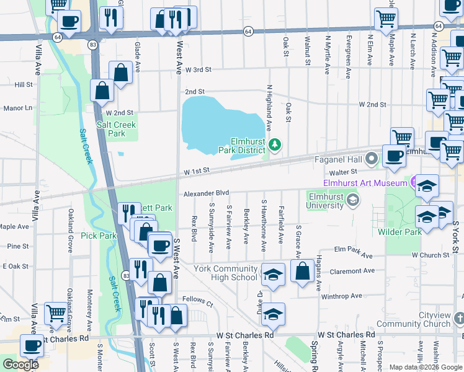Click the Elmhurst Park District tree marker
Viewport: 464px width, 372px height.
coord(274,145)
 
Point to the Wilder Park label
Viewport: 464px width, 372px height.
coord(399,231)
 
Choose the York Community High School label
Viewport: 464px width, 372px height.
coord(225,273)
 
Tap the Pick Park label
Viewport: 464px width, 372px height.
coord(99,236)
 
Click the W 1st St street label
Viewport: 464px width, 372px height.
coord(197,170)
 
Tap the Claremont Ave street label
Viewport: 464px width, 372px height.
coord(353,271)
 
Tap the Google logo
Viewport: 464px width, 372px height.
coord(20,364)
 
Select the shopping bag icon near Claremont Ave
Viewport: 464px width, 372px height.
coord(302,272)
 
